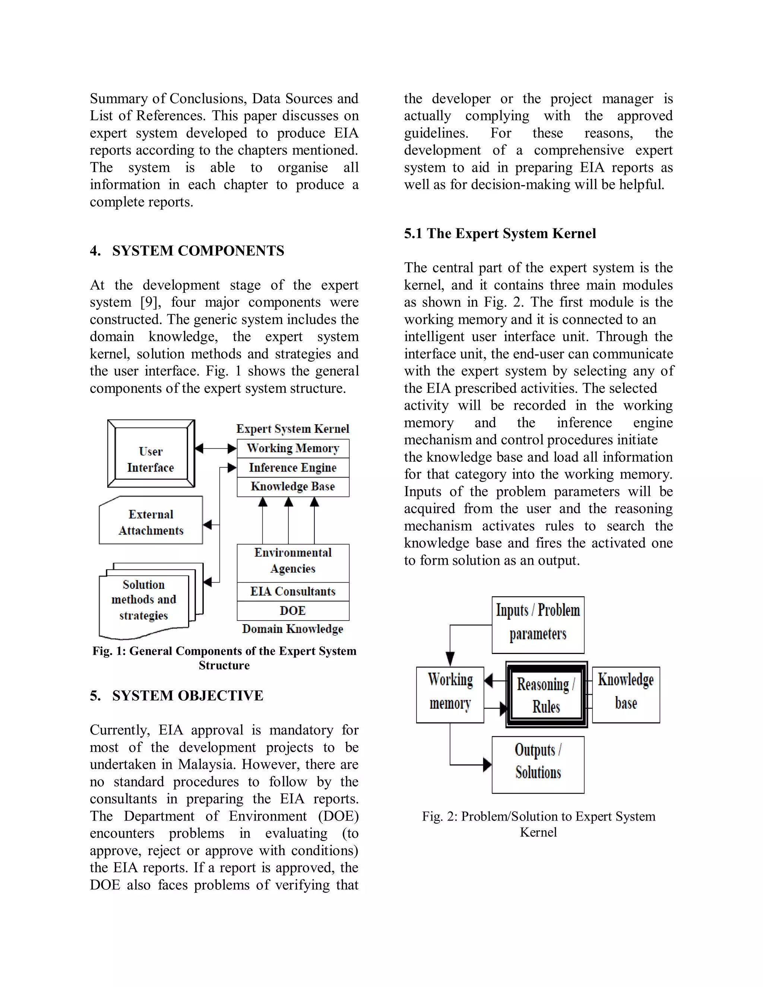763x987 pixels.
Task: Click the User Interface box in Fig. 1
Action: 151,453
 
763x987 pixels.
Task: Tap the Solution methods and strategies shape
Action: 144,600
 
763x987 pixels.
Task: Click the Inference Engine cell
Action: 293,468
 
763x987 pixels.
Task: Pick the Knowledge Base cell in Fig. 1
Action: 293,487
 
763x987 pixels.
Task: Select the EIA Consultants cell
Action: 293,591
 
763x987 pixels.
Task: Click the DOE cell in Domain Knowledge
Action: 293,610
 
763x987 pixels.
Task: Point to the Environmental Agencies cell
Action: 293,561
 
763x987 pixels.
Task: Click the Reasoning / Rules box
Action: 546,695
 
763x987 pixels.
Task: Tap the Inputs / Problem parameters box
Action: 538,625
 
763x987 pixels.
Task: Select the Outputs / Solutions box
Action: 538,765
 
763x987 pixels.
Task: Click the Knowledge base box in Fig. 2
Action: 626,695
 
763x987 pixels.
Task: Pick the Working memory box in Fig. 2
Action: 450,695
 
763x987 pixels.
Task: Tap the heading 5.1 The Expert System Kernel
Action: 500,234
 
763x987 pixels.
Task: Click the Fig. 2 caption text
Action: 538,824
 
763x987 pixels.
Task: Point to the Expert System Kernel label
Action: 293,429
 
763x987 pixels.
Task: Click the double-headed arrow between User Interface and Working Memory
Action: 216,448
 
